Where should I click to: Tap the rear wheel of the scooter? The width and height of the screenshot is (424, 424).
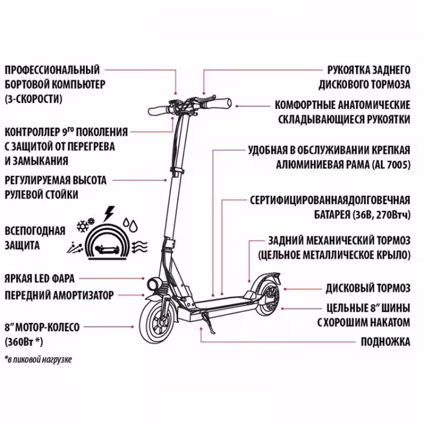[264, 301]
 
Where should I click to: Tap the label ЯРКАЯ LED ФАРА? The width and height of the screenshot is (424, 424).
[40, 279]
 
